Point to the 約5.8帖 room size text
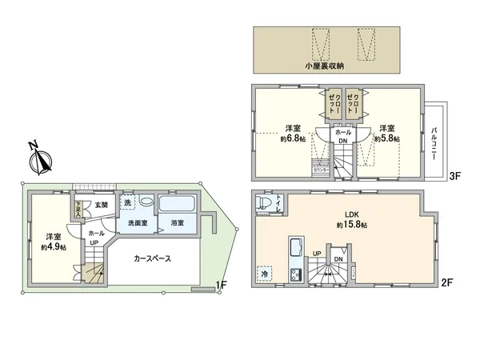387,138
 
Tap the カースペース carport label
152,260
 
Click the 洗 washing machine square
127,202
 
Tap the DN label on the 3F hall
342,142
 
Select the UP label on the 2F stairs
318,254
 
